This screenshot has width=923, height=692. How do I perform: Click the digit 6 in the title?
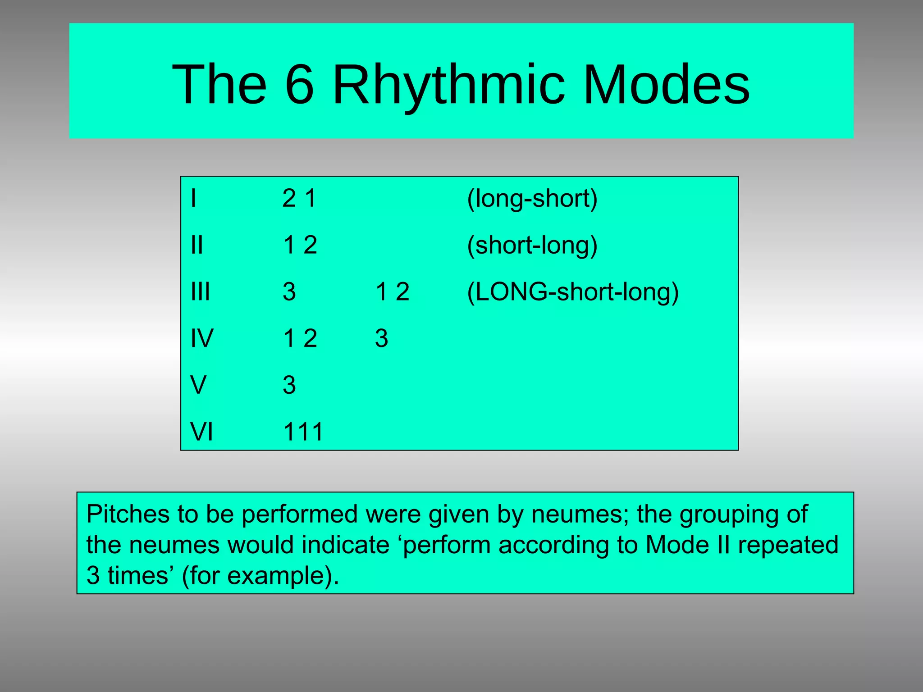tap(299, 84)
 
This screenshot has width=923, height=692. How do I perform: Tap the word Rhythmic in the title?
tap(448, 84)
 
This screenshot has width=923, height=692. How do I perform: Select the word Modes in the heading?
tap(666, 84)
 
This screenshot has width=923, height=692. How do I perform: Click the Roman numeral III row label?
tap(200, 291)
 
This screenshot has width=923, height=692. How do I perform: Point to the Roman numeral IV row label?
tap(201, 338)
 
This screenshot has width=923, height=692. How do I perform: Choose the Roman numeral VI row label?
tap(201, 432)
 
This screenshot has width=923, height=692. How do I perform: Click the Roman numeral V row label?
tap(198, 385)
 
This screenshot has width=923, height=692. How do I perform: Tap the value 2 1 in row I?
tap(299, 198)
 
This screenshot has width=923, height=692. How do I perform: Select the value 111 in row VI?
tap(303, 432)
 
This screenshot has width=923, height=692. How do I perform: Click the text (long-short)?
tap(532, 198)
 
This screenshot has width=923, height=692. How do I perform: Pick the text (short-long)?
tap(532, 245)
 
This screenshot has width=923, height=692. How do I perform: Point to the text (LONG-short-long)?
tap(572, 291)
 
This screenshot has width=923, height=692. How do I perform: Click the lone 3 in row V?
tap(289, 385)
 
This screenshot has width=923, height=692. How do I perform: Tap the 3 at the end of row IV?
tap(381, 338)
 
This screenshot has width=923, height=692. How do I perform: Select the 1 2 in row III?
tap(392, 291)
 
